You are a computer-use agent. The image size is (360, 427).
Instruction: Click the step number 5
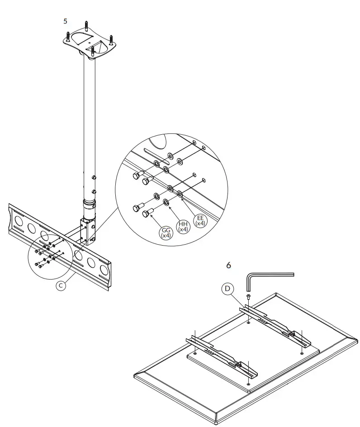[66, 21]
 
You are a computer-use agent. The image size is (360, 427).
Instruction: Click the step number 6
[228, 265]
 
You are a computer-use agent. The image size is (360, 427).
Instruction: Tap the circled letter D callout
[227, 289]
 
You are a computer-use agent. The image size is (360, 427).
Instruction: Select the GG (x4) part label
[166, 233]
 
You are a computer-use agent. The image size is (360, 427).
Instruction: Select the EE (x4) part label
[200, 220]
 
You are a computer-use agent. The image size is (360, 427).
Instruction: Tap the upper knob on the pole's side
[95, 176]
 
